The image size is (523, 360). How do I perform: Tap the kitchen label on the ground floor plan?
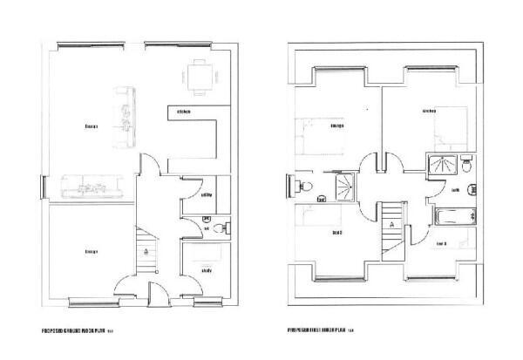pyautogui.click(x=184, y=112)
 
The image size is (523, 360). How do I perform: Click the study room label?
pyautogui.click(x=207, y=270)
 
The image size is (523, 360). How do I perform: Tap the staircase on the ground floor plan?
pyautogui.click(x=147, y=249)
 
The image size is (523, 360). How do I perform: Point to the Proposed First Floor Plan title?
pyautogui.click(x=318, y=331)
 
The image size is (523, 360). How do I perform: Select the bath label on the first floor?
pyautogui.click(x=455, y=189)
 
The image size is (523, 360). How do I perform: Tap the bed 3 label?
pyautogui.click(x=440, y=243)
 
